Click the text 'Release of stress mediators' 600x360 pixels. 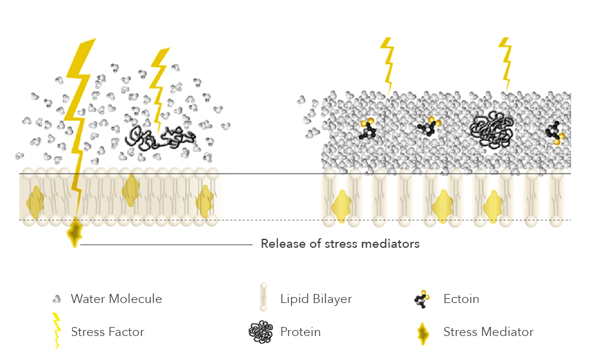[x=340, y=244]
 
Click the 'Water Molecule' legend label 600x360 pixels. [x=116, y=299]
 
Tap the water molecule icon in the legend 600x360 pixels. [x=57, y=299]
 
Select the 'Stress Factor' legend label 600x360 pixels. [x=107, y=332]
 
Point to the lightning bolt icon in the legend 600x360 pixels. [x=57, y=331]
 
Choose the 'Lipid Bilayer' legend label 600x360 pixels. [x=316, y=299]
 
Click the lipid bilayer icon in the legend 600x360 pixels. [x=263, y=298]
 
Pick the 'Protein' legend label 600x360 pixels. [x=300, y=332]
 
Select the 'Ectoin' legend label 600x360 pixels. [x=461, y=299]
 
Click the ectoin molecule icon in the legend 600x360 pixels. [x=422, y=299]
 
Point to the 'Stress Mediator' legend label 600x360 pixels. [x=488, y=332]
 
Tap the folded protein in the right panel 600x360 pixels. [x=493, y=129]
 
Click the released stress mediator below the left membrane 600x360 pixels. [x=75, y=233]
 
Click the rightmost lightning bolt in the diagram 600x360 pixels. [x=506, y=63]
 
